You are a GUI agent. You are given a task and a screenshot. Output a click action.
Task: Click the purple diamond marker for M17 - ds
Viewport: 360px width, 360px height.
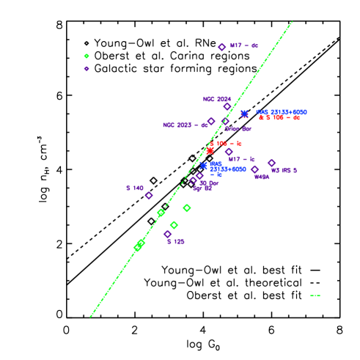click(x=221, y=47)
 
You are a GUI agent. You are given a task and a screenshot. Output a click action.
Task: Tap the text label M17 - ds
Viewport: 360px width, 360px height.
click(x=244, y=45)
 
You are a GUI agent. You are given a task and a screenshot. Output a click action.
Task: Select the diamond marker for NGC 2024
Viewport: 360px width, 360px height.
click(x=227, y=107)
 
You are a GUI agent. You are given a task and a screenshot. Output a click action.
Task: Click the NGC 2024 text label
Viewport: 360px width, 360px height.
click(x=217, y=99)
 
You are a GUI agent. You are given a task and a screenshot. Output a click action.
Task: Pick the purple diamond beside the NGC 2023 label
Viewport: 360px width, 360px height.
click(x=211, y=122)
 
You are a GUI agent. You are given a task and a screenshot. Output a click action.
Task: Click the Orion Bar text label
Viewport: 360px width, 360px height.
click(x=238, y=129)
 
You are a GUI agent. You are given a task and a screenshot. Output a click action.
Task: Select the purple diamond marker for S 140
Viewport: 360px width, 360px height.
click(x=149, y=196)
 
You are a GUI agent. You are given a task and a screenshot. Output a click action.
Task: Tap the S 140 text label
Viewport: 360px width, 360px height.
click(x=134, y=188)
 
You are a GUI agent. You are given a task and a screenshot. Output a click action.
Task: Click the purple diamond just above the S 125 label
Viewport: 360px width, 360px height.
click(x=167, y=234)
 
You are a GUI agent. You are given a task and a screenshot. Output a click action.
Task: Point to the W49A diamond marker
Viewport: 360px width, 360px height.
click(x=254, y=169)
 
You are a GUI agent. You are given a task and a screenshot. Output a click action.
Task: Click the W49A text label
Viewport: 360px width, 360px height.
click(x=261, y=177)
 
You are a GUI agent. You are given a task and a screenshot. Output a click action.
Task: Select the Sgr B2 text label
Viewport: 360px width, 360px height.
click(x=202, y=188)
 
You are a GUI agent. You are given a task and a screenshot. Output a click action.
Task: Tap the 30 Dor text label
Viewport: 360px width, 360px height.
click(x=210, y=183)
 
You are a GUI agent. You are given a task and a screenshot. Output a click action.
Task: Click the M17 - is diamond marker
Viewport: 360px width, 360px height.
click(x=229, y=152)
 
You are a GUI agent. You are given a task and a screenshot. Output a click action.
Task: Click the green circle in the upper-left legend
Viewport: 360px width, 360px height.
click(x=87, y=56)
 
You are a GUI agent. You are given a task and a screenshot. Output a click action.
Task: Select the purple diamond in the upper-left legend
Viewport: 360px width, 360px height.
click(x=87, y=69)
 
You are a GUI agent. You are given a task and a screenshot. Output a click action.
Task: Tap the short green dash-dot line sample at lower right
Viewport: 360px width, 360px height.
click(x=315, y=295)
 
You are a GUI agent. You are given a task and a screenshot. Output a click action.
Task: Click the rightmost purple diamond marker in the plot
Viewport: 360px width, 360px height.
click(x=271, y=163)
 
